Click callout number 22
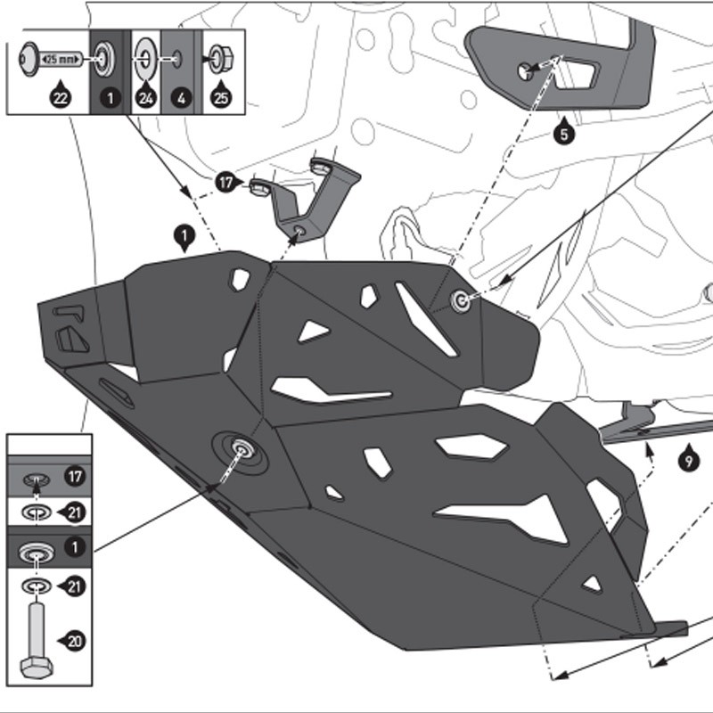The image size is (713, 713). pyautogui.click(x=60, y=98)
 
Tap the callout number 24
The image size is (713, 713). pyautogui.click(x=145, y=98)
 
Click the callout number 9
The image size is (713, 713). pyautogui.click(x=687, y=461)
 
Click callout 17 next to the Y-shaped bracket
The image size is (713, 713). pyautogui.click(x=228, y=183)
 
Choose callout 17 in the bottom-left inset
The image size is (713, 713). pyautogui.click(x=75, y=478)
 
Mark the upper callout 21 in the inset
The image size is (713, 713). pyautogui.click(x=75, y=512)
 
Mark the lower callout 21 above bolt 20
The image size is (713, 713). pyautogui.click(x=75, y=586)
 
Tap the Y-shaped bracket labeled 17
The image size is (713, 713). pyautogui.click(x=312, y=201)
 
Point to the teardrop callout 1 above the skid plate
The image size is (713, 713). pyautogui.click(x=184, y=237)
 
